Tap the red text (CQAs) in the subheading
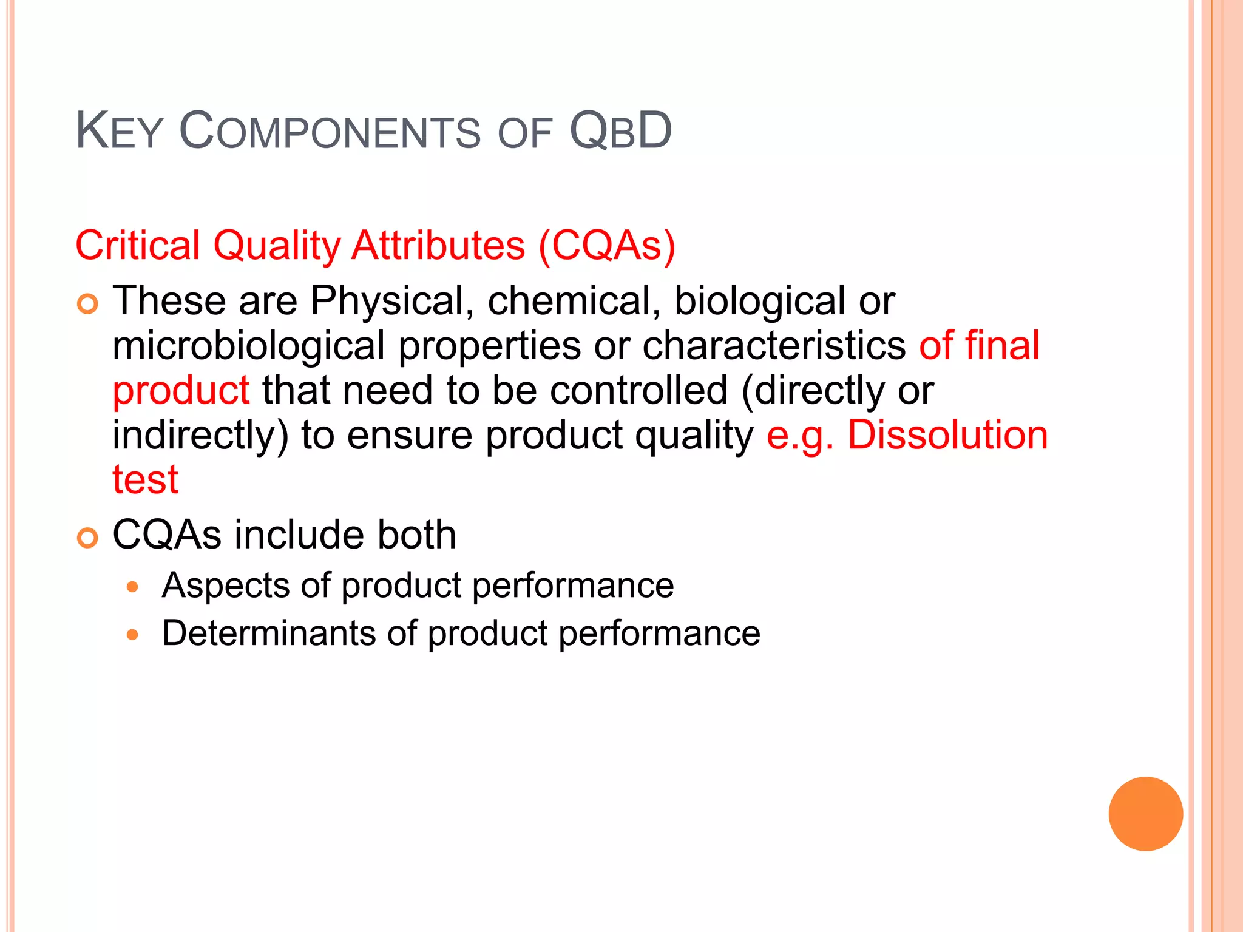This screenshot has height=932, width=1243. click(x=606, y=246)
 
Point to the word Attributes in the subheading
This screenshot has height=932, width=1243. click(x=438, y=246)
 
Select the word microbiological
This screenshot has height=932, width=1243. click(x=248, y=345)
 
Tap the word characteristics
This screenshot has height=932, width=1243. click(x=774, y=345)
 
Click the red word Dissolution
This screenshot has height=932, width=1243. click(x=947, y=435)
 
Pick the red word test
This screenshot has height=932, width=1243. click(x=146, y=480)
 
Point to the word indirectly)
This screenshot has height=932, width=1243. click(x=200, y=435)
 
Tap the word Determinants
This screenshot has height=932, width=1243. click(x=268, y=633)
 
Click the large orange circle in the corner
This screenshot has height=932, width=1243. click(x=1145, y=814)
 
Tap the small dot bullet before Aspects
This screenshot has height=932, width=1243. click(x=133, y=587)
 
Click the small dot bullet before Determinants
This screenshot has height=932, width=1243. click(x=133, y=635)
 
